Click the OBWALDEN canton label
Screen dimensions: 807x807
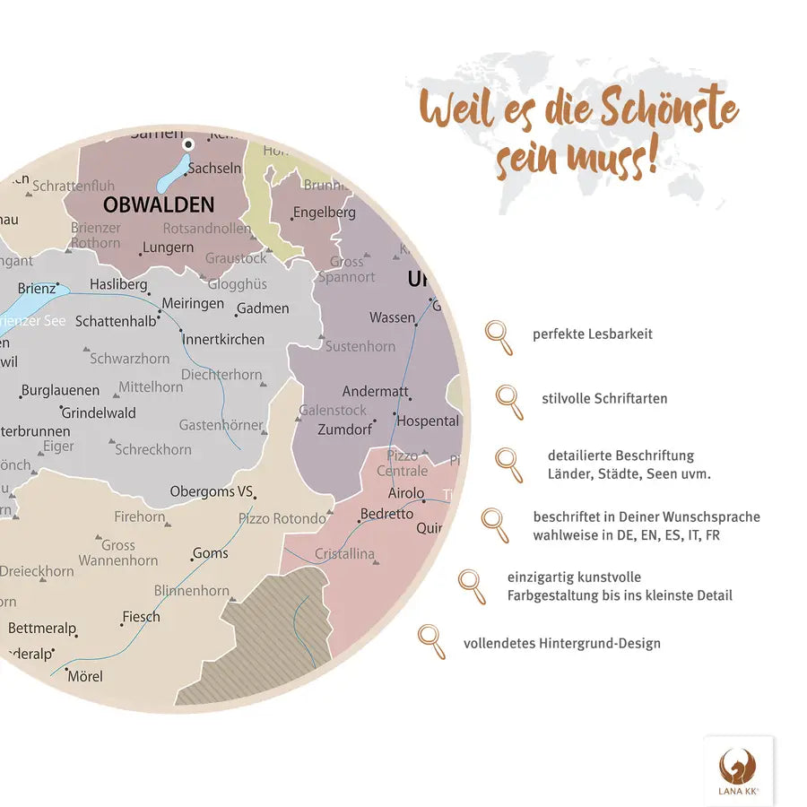pos(159,204)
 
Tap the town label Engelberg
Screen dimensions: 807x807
pos(324,213)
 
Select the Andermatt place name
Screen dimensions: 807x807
pos(376,392)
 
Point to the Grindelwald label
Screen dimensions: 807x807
pos(99,412)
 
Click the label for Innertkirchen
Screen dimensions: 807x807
pos(223,339)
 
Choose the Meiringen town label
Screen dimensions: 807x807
pos(193,303)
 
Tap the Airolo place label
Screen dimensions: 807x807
pos(406,493)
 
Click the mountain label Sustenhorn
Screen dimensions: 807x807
pos(360,346)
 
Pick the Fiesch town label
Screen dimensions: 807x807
pos(141,616)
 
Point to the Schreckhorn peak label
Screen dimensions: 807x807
pos(153,449)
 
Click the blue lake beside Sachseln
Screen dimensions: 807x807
pos(174,175)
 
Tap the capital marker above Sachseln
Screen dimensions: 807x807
pos(188,143)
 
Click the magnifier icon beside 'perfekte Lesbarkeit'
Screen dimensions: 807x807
pos(499,336)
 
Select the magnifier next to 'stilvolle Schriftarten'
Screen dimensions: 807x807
pos(509,400)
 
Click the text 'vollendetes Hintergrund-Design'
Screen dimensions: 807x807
pos(561,643)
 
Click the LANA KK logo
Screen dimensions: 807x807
pos(738,770)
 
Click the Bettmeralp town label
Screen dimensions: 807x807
pos(42,628)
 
